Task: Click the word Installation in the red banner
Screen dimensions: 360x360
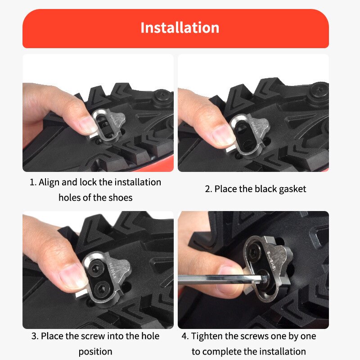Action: [x=180, y=27]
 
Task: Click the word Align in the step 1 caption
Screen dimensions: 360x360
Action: [x=49, y=183]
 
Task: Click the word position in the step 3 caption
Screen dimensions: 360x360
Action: [x=95, y=351]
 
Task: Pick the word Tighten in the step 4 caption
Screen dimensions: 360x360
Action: [x=208, y=336]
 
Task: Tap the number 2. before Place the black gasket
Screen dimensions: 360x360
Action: [x=208, y=189]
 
